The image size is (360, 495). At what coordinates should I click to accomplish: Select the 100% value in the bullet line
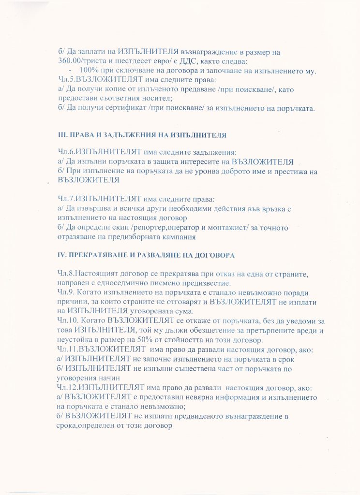point(88,71)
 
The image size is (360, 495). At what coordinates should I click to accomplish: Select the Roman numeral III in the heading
point(61,134)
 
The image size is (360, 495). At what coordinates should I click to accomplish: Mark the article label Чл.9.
point(67,292)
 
